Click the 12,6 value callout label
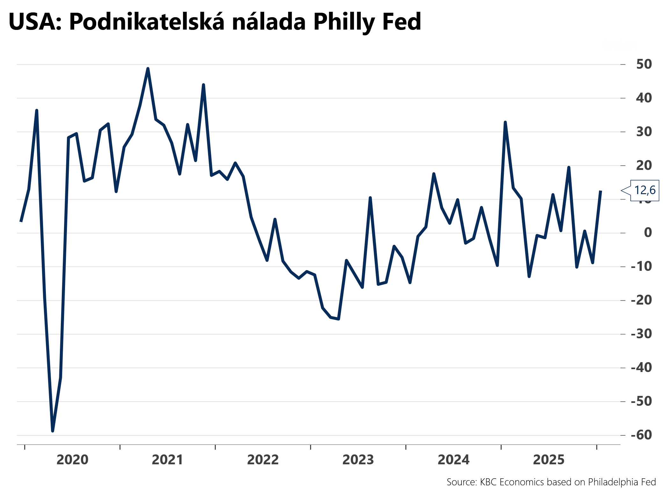click(645, 190)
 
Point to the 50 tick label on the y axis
click(644, 64)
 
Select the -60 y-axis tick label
click(642, 435)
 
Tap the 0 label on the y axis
click(648, 233)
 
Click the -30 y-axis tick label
click(642, 334)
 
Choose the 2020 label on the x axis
click(72, 460)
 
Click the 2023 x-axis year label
click(358, 460)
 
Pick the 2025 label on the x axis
click(549, 460)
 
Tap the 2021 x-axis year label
click(168, 460)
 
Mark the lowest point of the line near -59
click(53, 431)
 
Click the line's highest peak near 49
click(148, 68)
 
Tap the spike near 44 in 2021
click(203, 85)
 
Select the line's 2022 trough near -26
click(338, 319)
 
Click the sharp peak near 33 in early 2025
click(505, 122)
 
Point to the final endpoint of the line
click(600, 191)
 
